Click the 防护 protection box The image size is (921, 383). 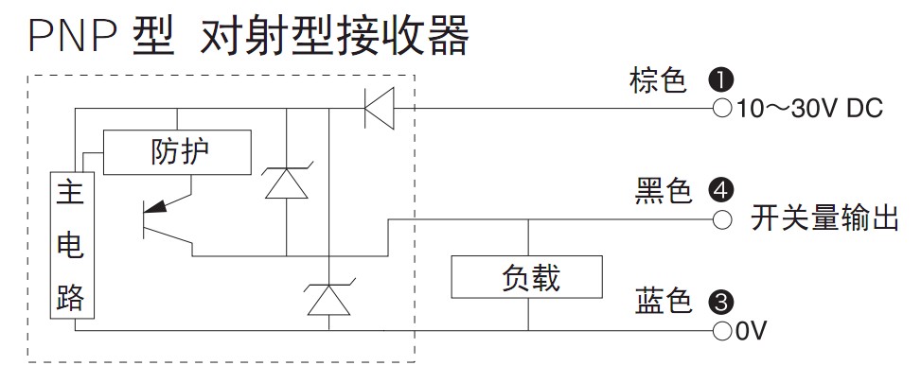tap(177, 152)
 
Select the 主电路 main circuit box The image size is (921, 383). tap(72, 246)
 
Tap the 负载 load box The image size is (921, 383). tap(527, 277)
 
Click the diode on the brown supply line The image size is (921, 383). tap(379, 107)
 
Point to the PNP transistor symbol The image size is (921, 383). tap(168, 221)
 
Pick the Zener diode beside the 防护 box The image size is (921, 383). tap(287, 182)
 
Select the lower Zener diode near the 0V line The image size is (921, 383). tap(329, 297)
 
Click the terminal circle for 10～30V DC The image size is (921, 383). tap(722, 108)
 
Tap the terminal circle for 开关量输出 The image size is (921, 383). tap(722, 220)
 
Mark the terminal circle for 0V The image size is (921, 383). tap(722, 330)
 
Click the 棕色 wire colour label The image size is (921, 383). tap(658, 80)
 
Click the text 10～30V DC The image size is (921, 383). tap(809, 109)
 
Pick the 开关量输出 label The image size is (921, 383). tap(824, 219)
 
